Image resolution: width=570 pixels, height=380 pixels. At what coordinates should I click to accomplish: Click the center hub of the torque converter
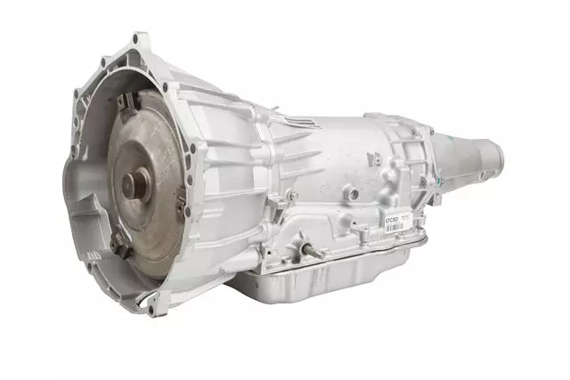pos(134,185)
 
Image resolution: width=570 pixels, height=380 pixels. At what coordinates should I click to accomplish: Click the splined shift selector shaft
pos(310,251)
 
